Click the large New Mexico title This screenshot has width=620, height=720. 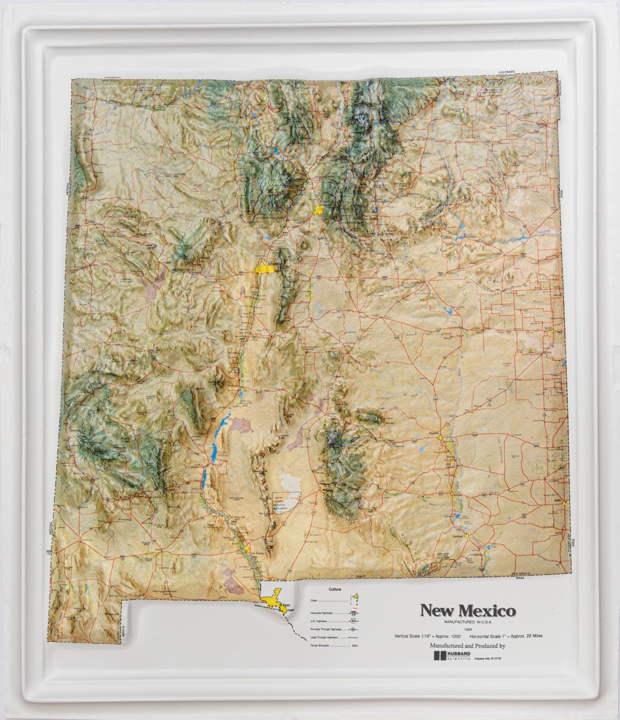tap(467, 611)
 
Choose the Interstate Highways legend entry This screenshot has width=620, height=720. tap(321, 612)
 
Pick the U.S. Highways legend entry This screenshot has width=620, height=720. tap(320, 621)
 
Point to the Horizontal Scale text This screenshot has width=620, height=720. tap(507, 635)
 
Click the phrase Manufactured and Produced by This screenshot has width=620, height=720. tap(467, 646)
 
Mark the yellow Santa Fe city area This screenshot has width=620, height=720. tap(319, 210)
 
